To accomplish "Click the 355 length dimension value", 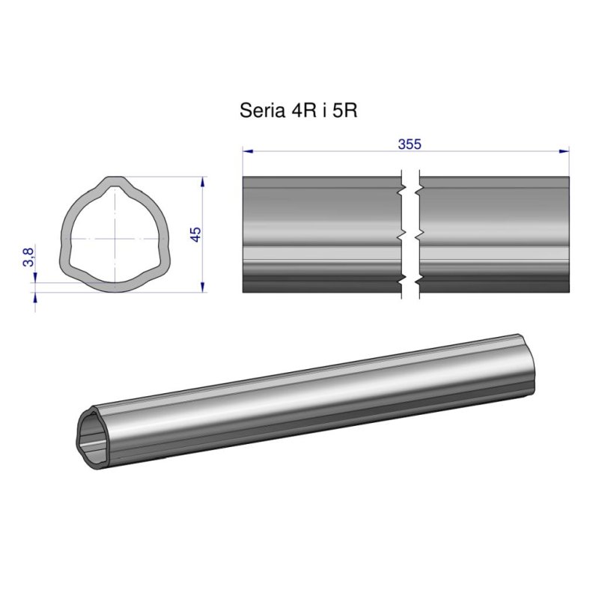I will [x=409, y=144].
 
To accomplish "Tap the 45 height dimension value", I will [x=196, y=234].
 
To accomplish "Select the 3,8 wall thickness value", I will [x=28, y=258].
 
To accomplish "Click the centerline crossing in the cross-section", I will [x=115, y=237].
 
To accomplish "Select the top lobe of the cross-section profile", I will [x=115, y=182].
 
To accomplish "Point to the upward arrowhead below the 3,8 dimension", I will [x=34, y=296].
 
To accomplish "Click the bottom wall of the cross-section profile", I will [x=115, y=288].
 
